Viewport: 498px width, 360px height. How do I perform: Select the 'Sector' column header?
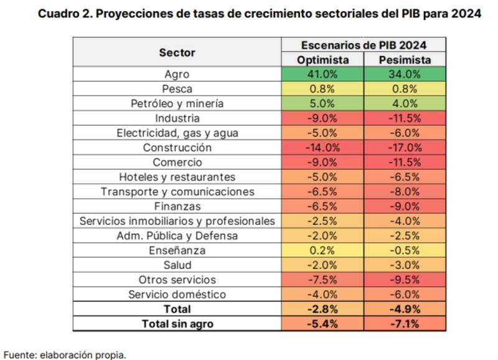coord(177,53)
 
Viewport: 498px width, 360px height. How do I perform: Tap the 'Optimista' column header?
coord(322,60)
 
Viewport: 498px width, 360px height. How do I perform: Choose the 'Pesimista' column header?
coord(405,60)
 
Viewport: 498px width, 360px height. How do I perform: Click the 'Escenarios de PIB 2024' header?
coord(364,45)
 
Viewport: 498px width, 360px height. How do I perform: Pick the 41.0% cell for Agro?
coord(322,75)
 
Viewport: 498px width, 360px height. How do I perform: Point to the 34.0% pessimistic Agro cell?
coord(405,75)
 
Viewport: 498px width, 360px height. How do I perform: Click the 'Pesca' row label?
coord(177,89)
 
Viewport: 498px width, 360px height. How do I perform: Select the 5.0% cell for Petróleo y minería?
coord(322,103)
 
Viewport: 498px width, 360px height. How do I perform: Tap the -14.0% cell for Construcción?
coord(322,148)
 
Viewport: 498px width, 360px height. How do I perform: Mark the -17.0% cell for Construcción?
coord(405,148)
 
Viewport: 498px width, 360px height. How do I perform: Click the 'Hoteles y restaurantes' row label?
coord(177,177)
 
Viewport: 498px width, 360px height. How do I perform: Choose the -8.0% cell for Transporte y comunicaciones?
coord(405,191)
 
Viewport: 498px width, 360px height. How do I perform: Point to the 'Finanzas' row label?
coord(177,206)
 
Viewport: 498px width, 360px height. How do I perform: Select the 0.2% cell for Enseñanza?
coord(322,250)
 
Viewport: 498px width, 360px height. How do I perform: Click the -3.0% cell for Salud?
coord(405,265)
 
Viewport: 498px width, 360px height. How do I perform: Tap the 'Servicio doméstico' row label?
coord(177,294)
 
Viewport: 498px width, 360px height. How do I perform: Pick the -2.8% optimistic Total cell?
coord(322,308)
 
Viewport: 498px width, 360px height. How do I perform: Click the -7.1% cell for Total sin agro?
coord(405,323)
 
